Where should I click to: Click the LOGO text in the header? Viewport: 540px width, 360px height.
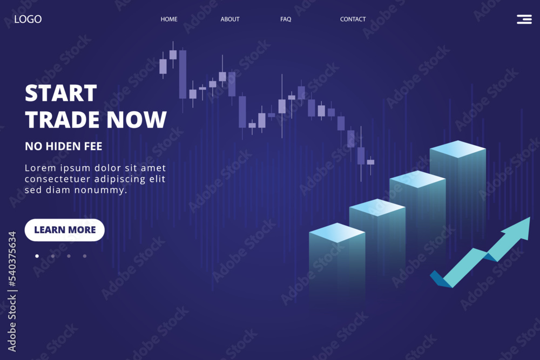click(x=28, y=19)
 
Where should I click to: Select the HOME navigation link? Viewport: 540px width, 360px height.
click(x=168, y=19)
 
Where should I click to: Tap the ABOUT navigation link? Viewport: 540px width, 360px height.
click(x=230, y=19)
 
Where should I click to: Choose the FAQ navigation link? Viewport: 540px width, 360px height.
click(x=286, y=19)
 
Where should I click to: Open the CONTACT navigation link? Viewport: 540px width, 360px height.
click(x=353, y=19)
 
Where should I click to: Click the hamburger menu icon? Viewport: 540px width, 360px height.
click(x=524, y=19)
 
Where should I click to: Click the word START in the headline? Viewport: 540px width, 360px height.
click(x=61, y=93)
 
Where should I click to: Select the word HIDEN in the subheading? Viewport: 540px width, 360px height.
click(x=64, y=146)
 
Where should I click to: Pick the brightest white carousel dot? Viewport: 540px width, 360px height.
click(x=37, y=256)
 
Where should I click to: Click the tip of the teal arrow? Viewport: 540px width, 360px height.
click(x=530, y=218)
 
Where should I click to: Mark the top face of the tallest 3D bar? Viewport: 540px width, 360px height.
click(x=458, y=148)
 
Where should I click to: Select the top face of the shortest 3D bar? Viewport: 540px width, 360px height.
click(x=337, y=233)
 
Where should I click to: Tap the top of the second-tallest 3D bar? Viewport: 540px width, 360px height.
click(x=417, y=179)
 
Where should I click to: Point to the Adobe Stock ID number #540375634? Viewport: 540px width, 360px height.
click(x=12, y=259)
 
